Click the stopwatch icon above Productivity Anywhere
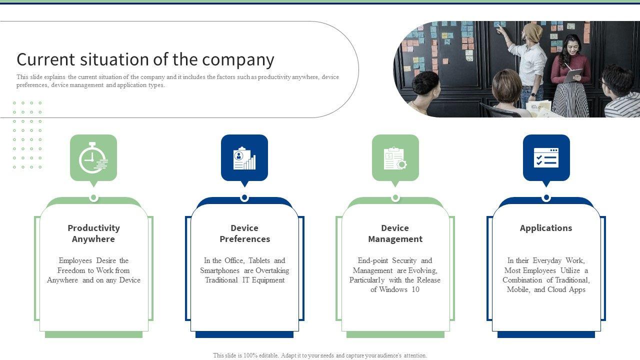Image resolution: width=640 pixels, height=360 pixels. (x=93, y=158)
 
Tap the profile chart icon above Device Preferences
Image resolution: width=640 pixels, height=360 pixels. (x=244, y=158)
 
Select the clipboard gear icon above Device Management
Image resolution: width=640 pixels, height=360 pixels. (x=395, y=158)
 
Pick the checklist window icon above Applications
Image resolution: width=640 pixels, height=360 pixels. (x=546, y=158)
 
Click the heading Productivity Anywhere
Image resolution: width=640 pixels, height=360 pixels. (x=93, y=233)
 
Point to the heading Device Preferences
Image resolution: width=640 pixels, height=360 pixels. (x=244, y=233)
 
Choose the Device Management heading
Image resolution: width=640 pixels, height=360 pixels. (x=395, y=233)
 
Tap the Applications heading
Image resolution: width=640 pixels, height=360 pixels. (x=545, y=228)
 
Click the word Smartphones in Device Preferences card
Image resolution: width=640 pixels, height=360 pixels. (x=221, y=270)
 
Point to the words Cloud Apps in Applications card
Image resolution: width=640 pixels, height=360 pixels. (x=566, y=289)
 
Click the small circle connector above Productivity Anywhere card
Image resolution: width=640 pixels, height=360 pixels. (x=93, y=197)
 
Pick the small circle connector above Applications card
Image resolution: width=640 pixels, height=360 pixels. (x=546, y=197)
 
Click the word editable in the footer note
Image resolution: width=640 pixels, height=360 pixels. (x=269, y=356)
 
